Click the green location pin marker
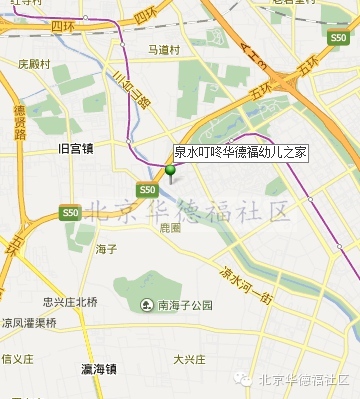pyautogui.click(x=170, y=171)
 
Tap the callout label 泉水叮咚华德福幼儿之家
pyautogui.click(x=240, y=153)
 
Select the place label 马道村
pyautogui.click(x=163, y=48)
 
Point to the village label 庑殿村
pyautogui.click(x=33, y=63)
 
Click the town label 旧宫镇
pyautogui.click(x=76, y=148)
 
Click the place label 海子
pyautogui.click(x=107, y=248)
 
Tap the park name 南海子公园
pyautogui.click(x=187, y=304)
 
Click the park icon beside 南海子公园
pyautogui.click(x=148, y=304)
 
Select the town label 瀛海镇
pyautogui.click(x=99, y=369)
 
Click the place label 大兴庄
pyautogui.click(x=189, y=359)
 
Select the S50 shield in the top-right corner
pyautogui.click(x=338, y=36)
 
